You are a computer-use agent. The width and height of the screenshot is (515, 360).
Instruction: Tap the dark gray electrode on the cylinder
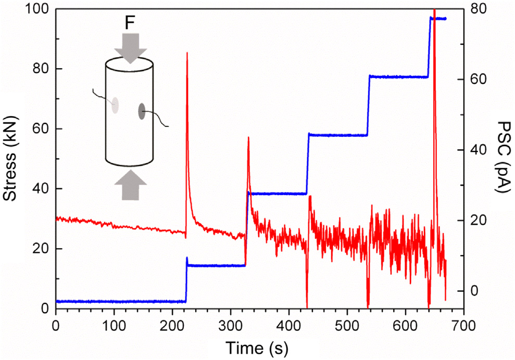point(142,111)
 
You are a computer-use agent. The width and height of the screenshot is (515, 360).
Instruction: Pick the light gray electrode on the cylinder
point(115,106)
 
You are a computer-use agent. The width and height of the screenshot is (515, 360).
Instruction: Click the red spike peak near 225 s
point(187,53)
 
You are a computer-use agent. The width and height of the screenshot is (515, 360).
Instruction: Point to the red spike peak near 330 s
point(248,137)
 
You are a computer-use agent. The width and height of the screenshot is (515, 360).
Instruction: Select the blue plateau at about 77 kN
point(398,77)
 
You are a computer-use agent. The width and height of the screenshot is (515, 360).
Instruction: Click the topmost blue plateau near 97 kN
point(438,19)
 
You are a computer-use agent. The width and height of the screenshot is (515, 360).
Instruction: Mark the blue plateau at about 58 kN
point(338,135)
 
